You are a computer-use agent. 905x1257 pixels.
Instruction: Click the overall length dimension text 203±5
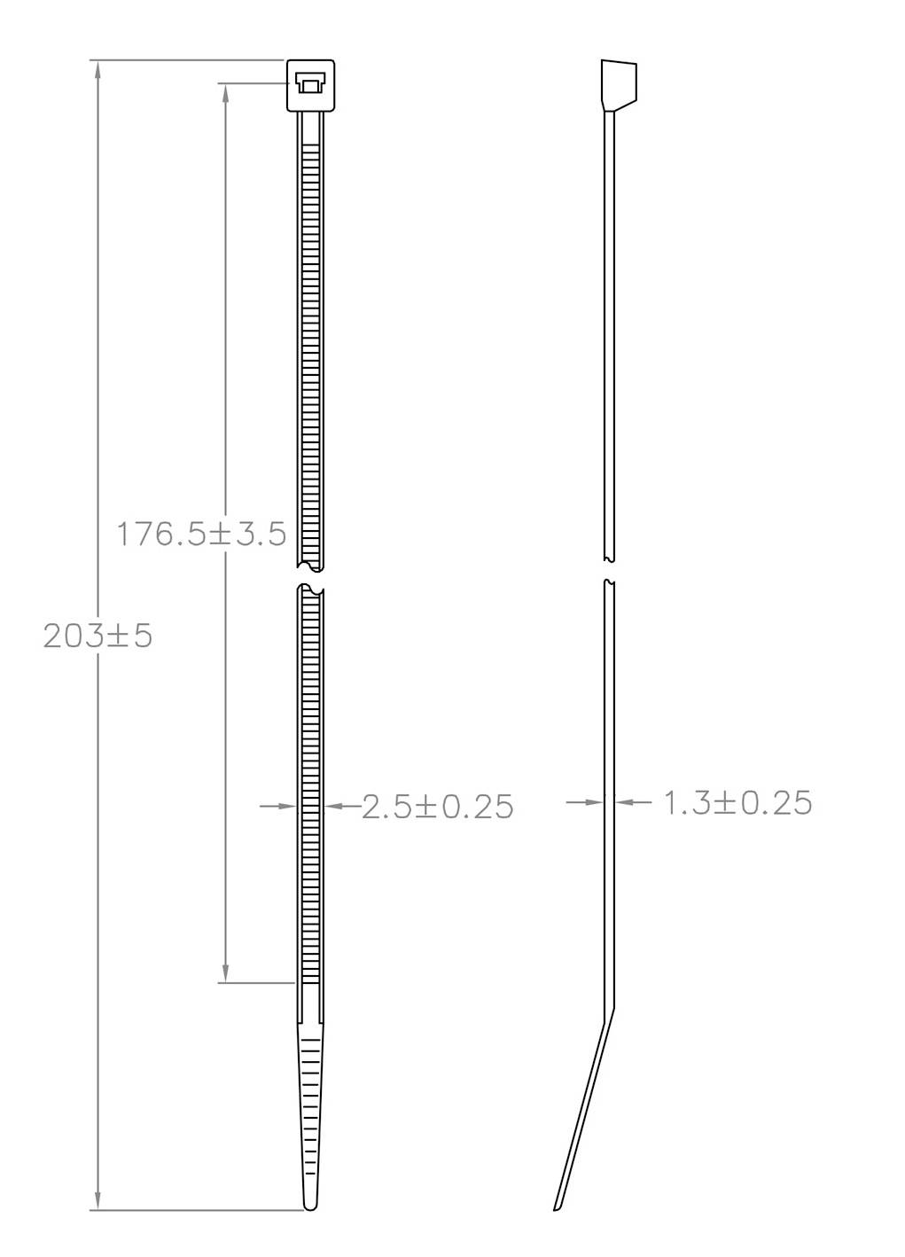(x=98, y=636)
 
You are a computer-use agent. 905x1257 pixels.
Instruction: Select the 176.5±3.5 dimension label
(x=202, y=534)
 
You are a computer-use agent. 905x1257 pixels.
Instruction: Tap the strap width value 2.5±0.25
(x=438, y=806)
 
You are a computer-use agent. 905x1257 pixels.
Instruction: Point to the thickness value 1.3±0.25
(x=737, y=802)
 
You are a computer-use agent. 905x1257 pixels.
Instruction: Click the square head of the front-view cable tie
(x=310, y=85)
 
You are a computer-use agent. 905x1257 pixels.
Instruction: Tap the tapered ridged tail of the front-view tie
(x=310, y=1099)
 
